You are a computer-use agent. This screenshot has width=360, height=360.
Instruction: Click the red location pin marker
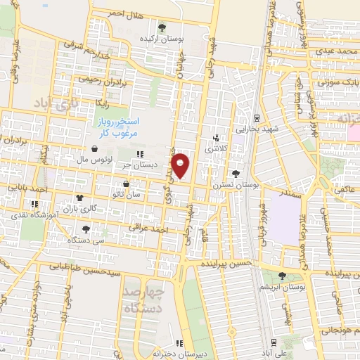(x=181, y=165)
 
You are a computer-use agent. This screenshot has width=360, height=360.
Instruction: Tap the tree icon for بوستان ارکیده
(x=162, y=27)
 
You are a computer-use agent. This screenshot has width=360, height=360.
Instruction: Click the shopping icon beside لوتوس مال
(x=94, y=149)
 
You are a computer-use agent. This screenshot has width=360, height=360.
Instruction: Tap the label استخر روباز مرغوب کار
(x=117, y=127)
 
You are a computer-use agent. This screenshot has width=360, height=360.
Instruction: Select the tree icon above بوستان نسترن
(x=235, y=173)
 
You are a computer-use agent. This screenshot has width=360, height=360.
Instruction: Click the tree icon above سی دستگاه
(x=86, y=229)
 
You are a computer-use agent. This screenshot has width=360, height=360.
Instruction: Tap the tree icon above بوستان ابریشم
(x=282, y=276)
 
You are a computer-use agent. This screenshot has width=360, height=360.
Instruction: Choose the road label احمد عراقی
(x=146, y=228)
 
